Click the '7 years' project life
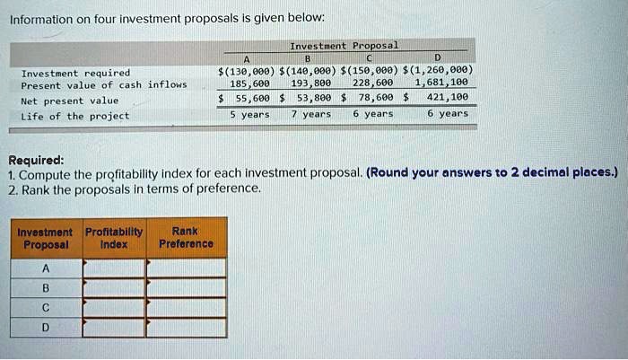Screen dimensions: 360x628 [310, 114]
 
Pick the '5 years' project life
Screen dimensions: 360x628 [249, 114]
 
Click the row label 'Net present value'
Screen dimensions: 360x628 [69, 101]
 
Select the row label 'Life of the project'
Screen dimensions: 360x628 [75, 116]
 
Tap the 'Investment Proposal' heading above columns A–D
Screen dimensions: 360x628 [345, 45]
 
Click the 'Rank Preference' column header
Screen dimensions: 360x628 [186, 238]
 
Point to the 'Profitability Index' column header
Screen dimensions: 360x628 [114, 238]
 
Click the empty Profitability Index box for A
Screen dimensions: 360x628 [114, 268]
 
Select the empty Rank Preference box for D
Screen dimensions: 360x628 [186, 328]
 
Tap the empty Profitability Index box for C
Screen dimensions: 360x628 [114, 308]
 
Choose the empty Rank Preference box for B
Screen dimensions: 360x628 [186, 288]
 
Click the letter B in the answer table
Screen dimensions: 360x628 [46, 288]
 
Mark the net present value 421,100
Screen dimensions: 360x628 [446, 99]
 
